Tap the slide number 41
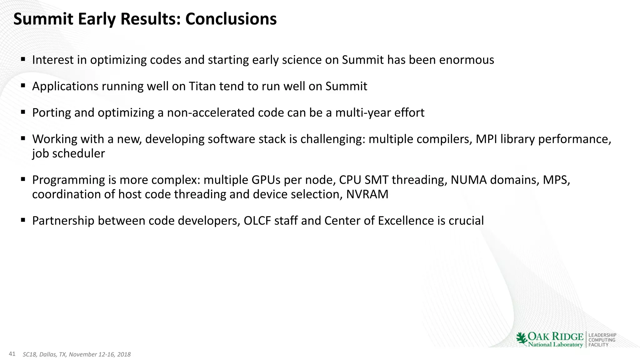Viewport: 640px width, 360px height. [x=12, y=354]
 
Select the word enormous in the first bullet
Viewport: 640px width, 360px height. [x=467, y=60]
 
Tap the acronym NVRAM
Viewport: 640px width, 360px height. [x=367, y=194]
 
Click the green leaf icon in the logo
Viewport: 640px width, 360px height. [x=521, y=339]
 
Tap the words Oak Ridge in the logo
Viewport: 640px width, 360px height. [x=556, y=336]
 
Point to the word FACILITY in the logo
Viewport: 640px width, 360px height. [x=598, y=345]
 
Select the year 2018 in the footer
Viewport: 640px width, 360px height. [x=124, y=354]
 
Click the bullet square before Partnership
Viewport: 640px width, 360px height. [x=23, y=220]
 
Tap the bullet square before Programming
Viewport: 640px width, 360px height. [x=23, y=179]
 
